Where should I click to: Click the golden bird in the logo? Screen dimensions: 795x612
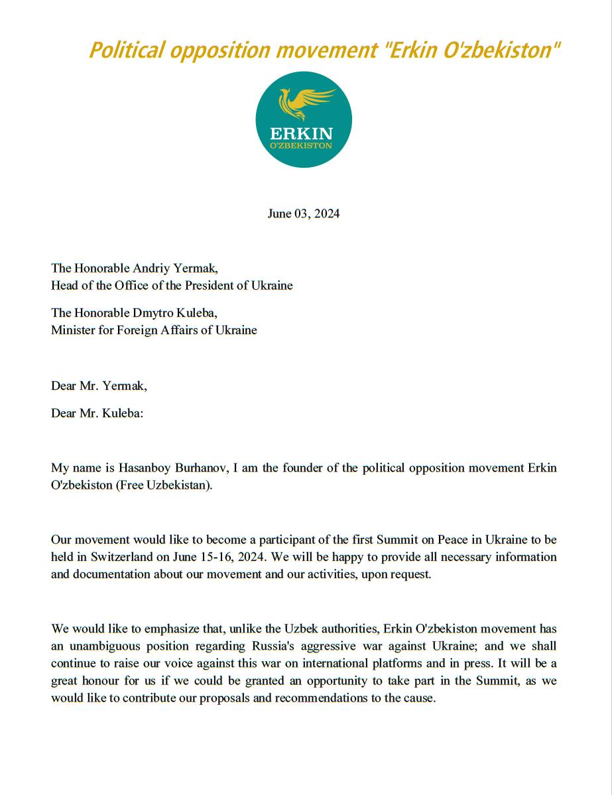[304, 101]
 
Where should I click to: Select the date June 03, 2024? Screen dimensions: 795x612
[304, 214]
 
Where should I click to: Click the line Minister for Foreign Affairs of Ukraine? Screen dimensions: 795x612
[154, 330]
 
